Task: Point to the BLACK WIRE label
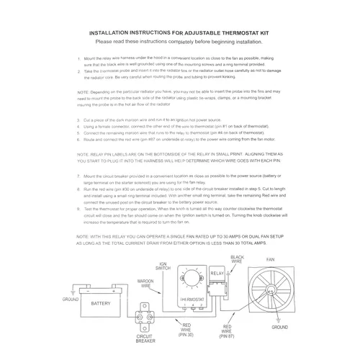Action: point(238,257)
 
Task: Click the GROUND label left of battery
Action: point(72,298)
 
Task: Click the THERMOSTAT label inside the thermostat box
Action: point(189,297)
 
